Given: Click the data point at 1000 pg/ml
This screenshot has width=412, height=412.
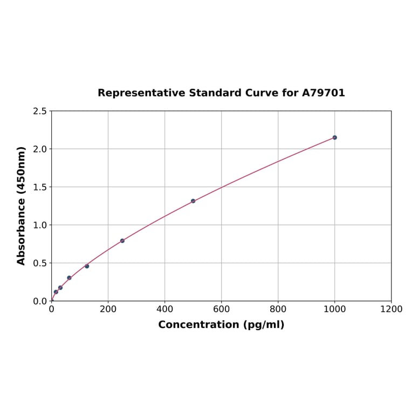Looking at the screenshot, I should (x=334, y=138).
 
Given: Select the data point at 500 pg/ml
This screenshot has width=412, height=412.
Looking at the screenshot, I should (x=193, y=201).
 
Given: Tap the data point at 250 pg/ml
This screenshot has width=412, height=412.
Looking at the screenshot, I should (x=122, y=241).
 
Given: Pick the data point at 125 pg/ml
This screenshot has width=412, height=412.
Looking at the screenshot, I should (x=87, y=266).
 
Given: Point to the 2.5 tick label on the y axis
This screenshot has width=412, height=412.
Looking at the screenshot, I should (x=39, y=111).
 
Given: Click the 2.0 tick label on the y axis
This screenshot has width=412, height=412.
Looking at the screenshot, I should (x=39, y=149).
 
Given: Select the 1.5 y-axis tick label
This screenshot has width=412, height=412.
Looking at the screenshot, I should (x=39, y=187).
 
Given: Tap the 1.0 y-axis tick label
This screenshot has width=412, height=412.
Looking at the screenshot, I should (x=39, y=225).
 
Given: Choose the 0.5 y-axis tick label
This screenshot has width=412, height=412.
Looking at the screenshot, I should (x=39, y=263).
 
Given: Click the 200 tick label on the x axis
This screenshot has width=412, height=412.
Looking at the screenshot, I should (x=108, y=309).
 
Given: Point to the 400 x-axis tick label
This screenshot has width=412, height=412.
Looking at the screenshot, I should (x=164, y=309).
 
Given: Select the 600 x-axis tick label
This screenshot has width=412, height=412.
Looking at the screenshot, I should (x=221, y=309).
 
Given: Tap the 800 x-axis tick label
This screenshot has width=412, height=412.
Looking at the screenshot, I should (x=278, y=309).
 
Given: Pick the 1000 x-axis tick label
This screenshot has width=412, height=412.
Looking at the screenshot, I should (x=334, y=309).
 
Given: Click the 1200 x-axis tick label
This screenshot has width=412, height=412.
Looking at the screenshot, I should (x=391, y=309).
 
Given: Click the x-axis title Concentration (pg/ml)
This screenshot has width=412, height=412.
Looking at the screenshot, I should (x=221, y=325).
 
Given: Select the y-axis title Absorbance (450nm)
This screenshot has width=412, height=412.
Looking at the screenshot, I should (x=22, y=205).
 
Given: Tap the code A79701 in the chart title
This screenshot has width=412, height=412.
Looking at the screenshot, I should (x=323, y=93).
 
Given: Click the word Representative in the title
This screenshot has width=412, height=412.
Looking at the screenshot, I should (x=141, y=93).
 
